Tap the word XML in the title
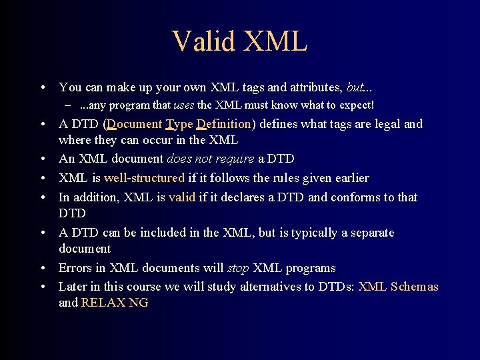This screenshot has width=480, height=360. pyautogui.click(x=276, y=41)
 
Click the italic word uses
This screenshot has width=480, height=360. pyautogui.click(x=183, y=105)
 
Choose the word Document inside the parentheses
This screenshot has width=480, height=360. pyautogui.click(x=134, y=124)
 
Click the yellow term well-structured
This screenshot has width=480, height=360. pyautogui.click(x=144, y=178)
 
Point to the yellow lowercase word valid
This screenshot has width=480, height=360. pyautogui.click(x=182, y=197)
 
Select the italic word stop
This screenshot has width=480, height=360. pyautogui.click(x=237, y=268)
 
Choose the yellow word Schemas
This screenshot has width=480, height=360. pyautogui.click(x=414, y=287)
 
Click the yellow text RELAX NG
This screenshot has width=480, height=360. pyautogui.click(x=115, y=303)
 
